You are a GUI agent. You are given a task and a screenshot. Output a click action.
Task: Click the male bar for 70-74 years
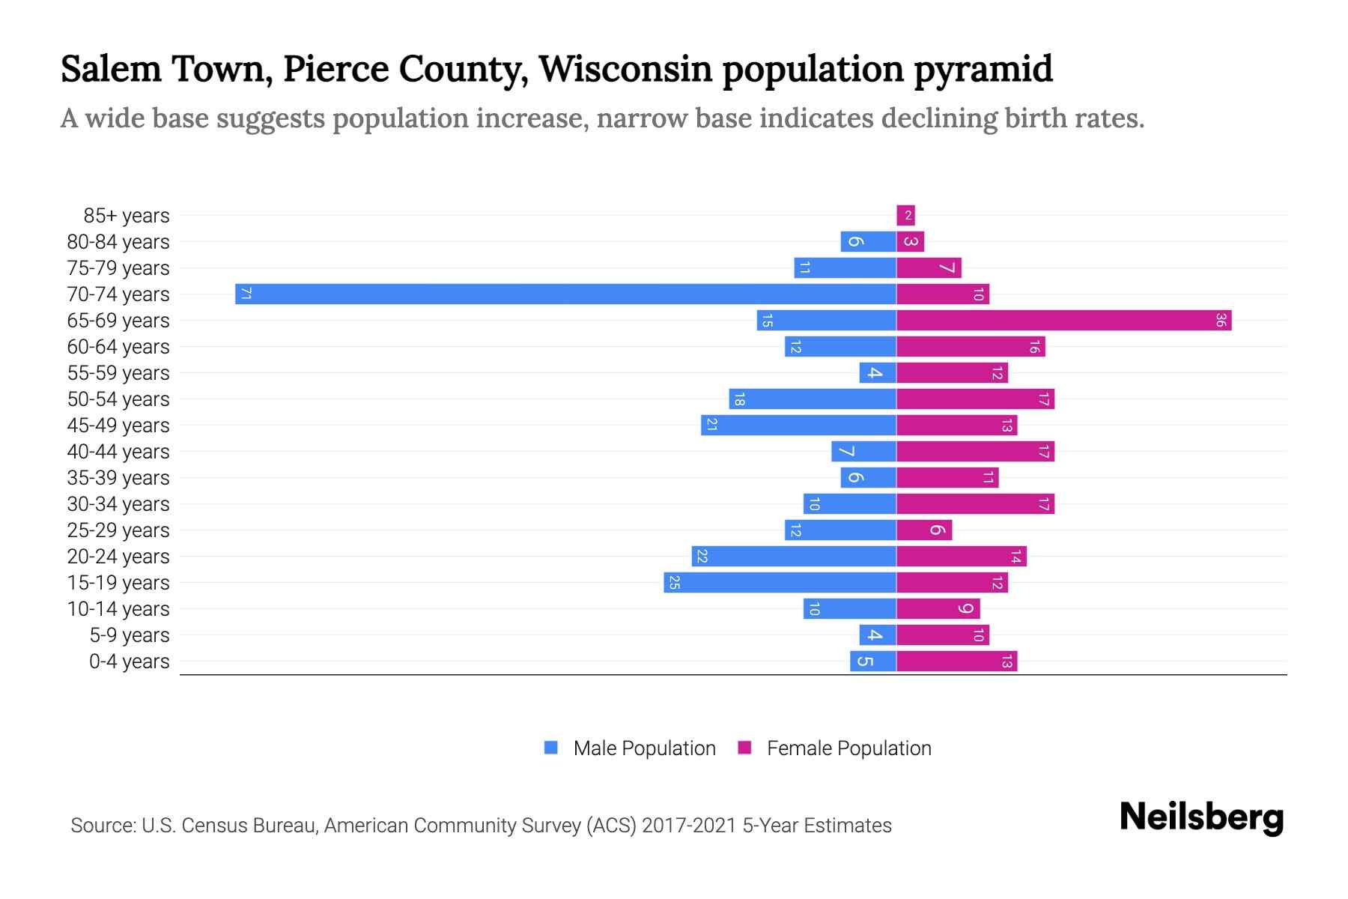pyautogui.click(x=565, y=294)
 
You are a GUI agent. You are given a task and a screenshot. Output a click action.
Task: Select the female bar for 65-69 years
pyautogui.click(x=1063, y=321)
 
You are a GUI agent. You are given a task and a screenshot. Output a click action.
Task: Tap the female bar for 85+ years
pyautogui.click(x=905, y=216)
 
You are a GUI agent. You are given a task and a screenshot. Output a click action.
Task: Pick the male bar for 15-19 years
pyautogui.click(x=780, y=583)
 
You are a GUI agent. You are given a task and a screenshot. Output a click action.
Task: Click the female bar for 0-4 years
pyautogui.click(x=956, y=662)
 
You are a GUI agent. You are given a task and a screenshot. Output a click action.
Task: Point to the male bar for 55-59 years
pyautogui.click(x=878, y=373)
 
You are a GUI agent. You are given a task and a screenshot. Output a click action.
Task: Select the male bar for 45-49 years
pyautogui.click(x=798, y=426)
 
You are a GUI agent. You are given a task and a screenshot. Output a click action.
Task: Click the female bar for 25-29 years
pyautogui.click(x=924, y=530)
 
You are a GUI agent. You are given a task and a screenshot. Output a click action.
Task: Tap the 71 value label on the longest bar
pyautogui.click(x=246, y=294)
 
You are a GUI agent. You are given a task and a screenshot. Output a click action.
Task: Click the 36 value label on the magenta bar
pyautogui.click(x=1220, y=321)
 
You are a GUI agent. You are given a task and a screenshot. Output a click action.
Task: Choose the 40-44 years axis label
pyautogui.click(x=118, y=452)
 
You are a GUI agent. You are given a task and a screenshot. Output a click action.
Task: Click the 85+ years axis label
pyautogui.click(x=127, y=216)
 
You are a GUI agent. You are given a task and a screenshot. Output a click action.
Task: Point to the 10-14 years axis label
pyautogui.click(x=118, y=609)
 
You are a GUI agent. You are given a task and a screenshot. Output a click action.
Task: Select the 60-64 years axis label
pyautogui.click(x=118, y=347)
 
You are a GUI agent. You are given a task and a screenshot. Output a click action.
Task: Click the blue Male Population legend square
pyautogui.click(x=551, y=748)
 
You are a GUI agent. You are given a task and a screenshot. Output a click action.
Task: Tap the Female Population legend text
pyautogui.click(x=848, y=748)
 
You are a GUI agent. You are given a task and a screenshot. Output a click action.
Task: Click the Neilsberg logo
pyautogui.click(x=1201, y=817)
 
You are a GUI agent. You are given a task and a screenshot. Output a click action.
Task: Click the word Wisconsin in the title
pyautogui.click(x=625, y=69)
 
